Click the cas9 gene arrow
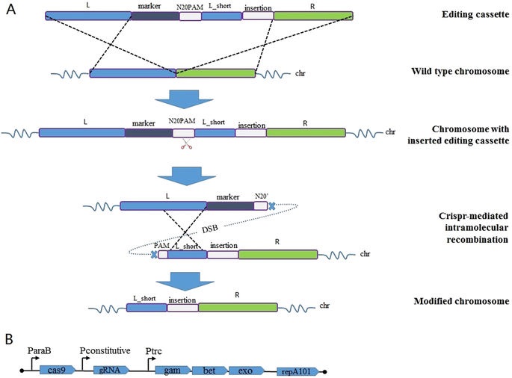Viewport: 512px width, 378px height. tap(57, 368)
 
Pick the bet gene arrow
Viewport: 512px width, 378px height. tap(208, 368)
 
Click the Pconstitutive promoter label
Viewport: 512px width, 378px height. tap(105, 350)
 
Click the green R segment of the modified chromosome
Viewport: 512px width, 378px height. tap(237, 306)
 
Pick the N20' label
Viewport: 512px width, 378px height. tap(259, 193)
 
